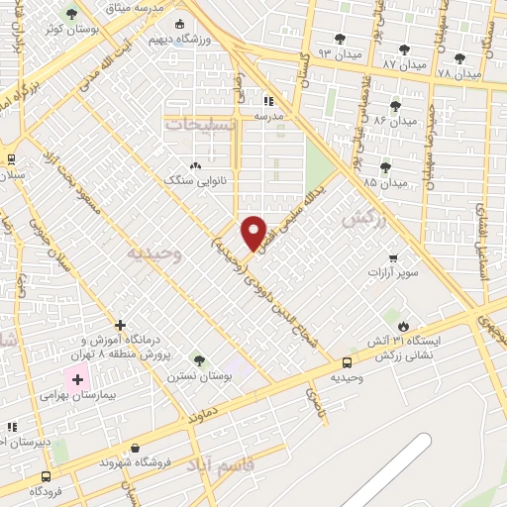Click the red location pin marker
tap(254, 232)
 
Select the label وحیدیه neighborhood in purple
tap(155, 253)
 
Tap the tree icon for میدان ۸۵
tap(384, 166)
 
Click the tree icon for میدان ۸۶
tap(395, 105)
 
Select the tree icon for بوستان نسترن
tap(198, 360)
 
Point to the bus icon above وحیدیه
tap(346, 363)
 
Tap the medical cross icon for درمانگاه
tap(120, 325)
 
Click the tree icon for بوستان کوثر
tap(71, 14)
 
